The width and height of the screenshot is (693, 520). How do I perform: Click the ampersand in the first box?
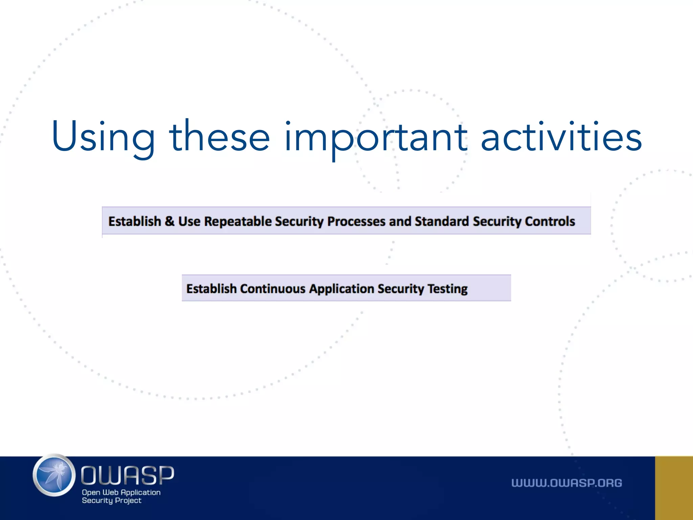point(170,221)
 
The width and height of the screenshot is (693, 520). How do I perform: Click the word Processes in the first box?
point(356,221)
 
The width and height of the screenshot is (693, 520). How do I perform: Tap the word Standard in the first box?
point(442,221)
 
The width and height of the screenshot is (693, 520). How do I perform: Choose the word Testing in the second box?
point(447,289)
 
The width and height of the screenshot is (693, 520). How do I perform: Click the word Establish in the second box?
point(211,289)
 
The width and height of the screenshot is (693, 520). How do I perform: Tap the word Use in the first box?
point(189,221)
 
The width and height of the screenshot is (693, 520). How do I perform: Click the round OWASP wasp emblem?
point(54,475)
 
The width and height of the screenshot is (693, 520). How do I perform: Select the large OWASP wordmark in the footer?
point(127,475)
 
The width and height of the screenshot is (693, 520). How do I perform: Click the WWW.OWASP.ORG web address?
point(566,483)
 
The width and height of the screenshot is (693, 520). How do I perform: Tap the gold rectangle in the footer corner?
point(674,488)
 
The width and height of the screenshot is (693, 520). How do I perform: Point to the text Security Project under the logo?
point(111,501)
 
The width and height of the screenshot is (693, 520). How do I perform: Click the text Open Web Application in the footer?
point(121,492)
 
